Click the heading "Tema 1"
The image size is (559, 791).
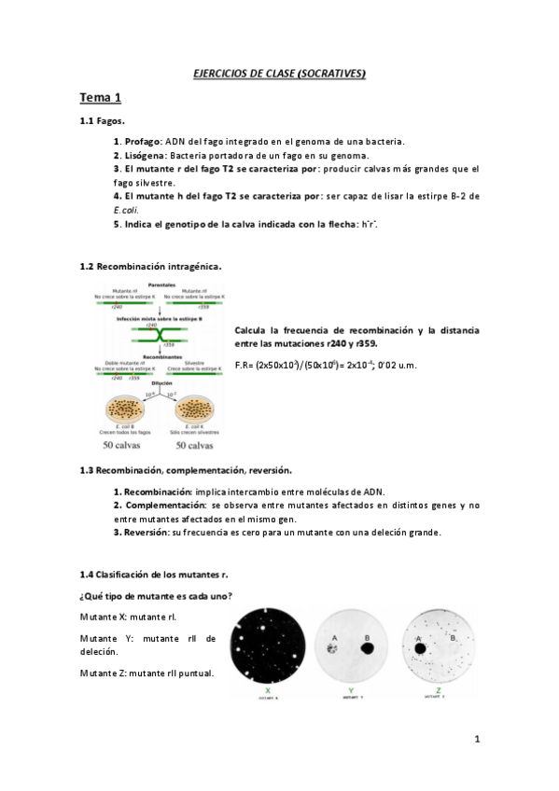coord(100,97)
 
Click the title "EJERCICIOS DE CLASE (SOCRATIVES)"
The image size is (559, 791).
coord(279,72)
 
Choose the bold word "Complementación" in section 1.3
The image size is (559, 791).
coord(154,505)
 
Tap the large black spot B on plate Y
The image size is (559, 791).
coord(367,645)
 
